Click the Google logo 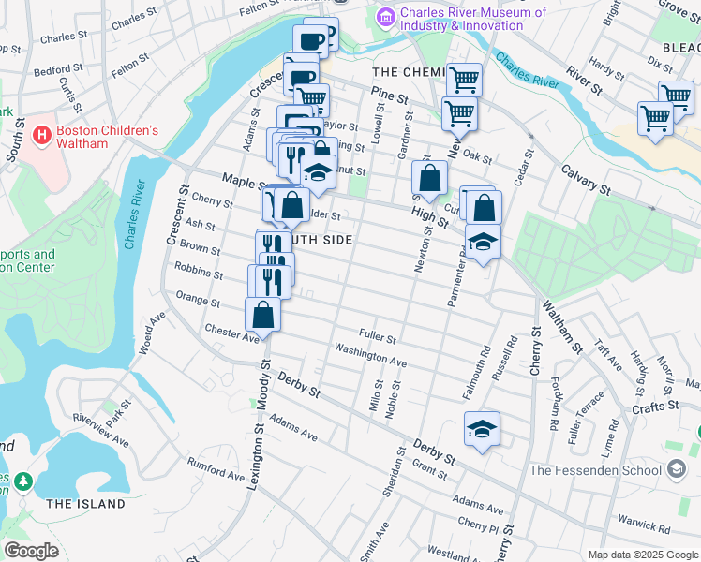[32, 551]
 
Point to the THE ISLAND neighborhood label [85, 504]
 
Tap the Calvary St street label [586, 181]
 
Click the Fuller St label [378, 334]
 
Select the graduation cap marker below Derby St [482, 429]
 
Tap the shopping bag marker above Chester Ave [262, 315]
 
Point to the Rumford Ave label [216, 467]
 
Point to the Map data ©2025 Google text [641, 555]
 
